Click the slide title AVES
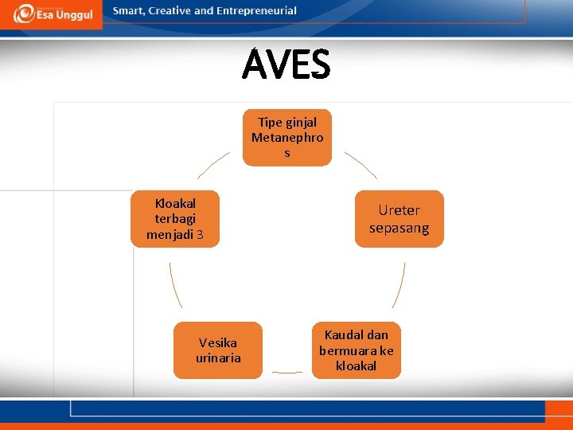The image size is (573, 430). click(286, 65)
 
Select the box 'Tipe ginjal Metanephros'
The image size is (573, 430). click(286, 138)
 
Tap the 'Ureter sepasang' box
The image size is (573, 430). click(399, 219)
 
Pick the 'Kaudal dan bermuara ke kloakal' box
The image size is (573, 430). click(357, 350)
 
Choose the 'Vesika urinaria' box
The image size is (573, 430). click(218, 350)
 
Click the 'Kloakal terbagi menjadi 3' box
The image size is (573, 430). click(175, 219)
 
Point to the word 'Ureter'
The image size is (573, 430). click(399, 210)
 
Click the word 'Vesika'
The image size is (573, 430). click(218, 342)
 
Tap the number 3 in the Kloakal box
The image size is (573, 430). click(200, 235)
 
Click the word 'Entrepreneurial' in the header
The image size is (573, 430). click(256, 11)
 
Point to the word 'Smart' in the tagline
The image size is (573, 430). click(129, 11)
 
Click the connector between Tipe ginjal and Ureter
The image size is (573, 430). click(361, 166)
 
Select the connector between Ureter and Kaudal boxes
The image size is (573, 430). click(400, 285)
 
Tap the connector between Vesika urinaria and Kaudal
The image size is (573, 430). click(286, 372)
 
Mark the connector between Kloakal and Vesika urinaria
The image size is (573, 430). click(175, 285)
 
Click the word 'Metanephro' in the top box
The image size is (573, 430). click(287, 137)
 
